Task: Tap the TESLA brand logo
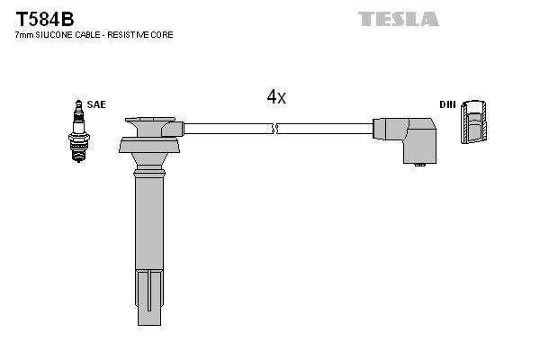(x=398, y=18)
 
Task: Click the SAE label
(x=96, y=104)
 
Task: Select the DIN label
(x=447, y=104)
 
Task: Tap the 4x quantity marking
(x=276, y=97)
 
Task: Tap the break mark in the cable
(x=276, y=130)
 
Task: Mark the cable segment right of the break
(x=324, y=130)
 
